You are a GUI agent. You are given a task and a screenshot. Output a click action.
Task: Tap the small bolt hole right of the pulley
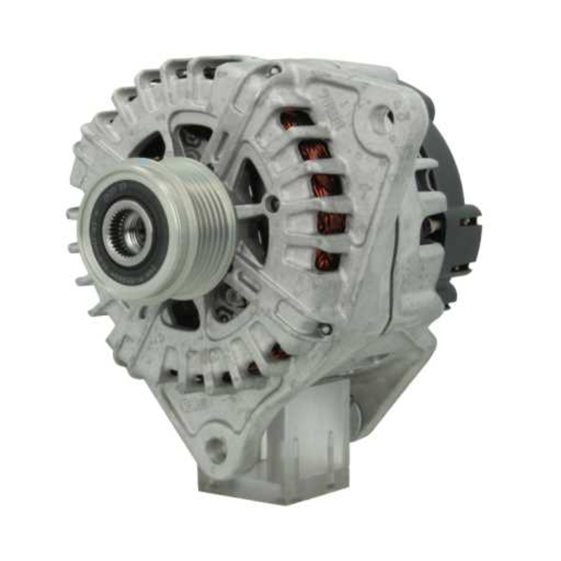pyautogui.click(x=273, y=204)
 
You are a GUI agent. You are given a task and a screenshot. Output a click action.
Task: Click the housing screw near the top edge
pyautogui.click(x=274, y=71)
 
